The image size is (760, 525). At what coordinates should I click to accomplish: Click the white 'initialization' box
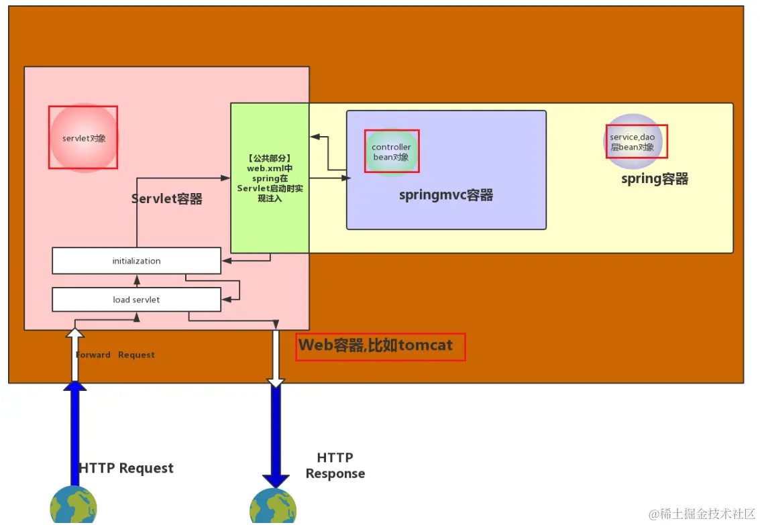pyautogui.click(x=136, y=261)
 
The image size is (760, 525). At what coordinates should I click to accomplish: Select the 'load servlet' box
pyautogui.click(x=136, y=299)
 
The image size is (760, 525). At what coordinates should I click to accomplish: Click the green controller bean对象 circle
pyautogui.click(x=391, y=152)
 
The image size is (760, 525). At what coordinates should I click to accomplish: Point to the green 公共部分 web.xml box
pyautogui.click(x=270, y=178)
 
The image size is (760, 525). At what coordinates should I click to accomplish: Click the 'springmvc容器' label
pyautogui.click(x=446, y=195)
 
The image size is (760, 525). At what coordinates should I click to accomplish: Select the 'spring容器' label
pyautogui.click(x=655, y=179)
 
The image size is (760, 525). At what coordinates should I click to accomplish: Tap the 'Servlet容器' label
pyautogui.click(x=167, y=198)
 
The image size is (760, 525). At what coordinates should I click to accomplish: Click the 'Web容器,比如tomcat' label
pyautogui.click(x=376, y=345)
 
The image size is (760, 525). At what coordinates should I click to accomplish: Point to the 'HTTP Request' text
pyautogui.click(x=126, y=468)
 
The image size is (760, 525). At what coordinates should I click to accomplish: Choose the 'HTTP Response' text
pyautogui.click(x=335, y=465)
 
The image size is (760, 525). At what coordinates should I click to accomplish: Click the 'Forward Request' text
pyautogui.click(x=115, y=355)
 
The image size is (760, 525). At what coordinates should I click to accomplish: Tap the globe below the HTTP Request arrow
pyautogui.click(x=74, y=505)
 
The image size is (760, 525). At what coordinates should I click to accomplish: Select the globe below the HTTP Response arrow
pyautogui.click(x=273, y=506)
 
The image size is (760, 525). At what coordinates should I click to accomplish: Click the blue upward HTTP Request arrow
pyautogui.click(x=74, y=433)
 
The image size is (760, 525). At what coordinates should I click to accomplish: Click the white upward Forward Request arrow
pyautogui.click(x=74, y=355)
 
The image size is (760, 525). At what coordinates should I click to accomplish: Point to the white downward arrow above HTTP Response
pyautogui.click(x=276, y=359)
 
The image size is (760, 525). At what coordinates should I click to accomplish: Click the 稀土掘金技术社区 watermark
pyautogui.click(x=702, y=514)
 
